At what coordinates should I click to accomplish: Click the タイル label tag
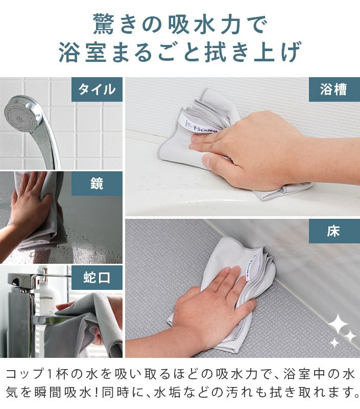click(x=97, y=89)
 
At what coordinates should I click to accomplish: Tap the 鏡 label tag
click(x=97, y=184)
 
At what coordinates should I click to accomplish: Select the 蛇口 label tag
click(x=97, y=278)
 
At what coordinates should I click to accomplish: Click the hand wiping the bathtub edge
click(x=255, y=148)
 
